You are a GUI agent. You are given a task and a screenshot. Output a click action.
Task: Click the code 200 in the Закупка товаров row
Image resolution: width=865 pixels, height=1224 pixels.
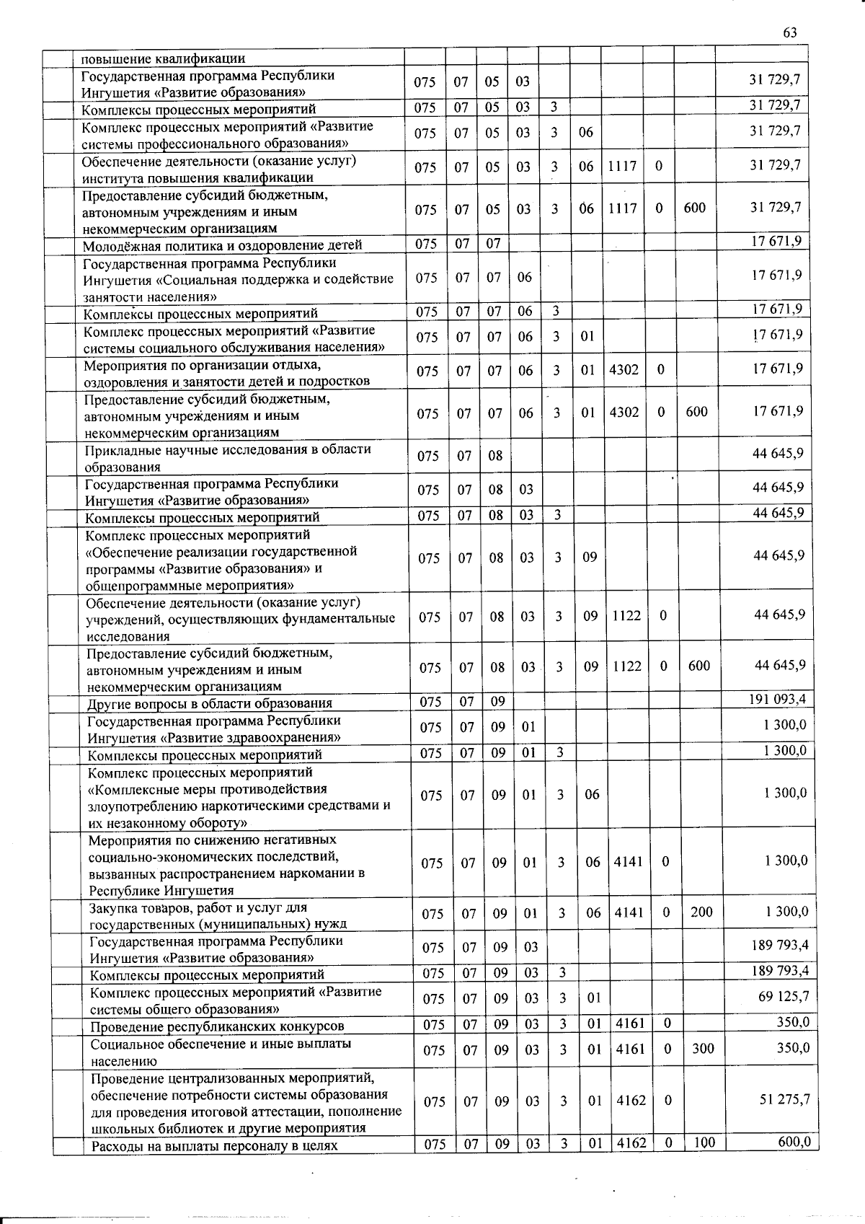[701, 912]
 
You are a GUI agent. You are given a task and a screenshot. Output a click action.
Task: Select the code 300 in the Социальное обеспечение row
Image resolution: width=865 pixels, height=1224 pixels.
[703, 1048]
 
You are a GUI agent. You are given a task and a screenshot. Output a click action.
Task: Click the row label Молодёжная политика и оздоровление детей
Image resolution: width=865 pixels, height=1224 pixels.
[222, 245]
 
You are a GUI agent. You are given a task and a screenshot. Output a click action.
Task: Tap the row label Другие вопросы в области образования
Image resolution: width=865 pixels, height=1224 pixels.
[210, 703]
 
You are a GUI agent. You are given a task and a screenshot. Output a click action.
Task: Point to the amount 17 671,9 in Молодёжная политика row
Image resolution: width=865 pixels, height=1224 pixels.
[776, 241]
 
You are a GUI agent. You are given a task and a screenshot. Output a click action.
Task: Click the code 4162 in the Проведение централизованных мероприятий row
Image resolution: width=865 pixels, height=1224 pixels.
[631, 1101]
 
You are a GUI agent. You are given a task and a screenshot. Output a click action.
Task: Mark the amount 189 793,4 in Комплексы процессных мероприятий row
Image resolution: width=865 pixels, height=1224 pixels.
[778, 971]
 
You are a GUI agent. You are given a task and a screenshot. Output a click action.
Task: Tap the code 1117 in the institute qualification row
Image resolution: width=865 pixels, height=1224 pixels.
[621, 166]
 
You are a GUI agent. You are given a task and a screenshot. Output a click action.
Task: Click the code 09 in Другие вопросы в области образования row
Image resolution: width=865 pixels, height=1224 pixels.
[498, 700]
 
